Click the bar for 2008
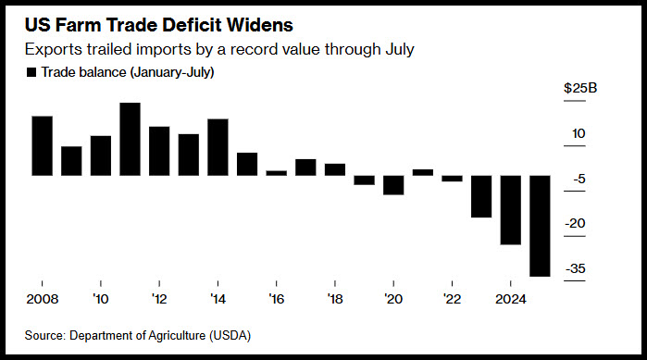(42, 146)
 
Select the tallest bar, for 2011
(130, 140)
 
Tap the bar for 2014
(218, 147)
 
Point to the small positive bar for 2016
(277, 173)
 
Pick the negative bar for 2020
(393, 185)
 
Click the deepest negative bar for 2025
(541, 226)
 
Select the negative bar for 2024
(511, 210)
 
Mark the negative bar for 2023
(481, 196)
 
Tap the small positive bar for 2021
(423, 172)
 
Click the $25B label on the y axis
(580, 88)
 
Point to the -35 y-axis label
(575, 268)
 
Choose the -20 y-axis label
(575, 223)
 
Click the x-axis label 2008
(43, 299)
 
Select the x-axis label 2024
(511, 299)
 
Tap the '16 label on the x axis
(277, 299)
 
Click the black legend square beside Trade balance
(31, 72)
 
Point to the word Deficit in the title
(192, 25)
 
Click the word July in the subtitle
(400, 49)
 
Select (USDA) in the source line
(230, 335)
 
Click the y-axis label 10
(579, 133)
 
